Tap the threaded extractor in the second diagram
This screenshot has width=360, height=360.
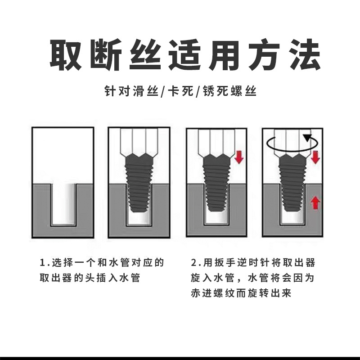140,182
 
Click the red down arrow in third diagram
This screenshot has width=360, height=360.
239,157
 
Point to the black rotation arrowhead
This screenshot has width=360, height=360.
308,138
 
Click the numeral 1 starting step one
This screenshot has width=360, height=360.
43,263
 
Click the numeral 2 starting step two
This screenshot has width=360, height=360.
193,263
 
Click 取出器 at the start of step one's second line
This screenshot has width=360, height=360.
56,278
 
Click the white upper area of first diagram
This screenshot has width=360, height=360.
63,153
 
